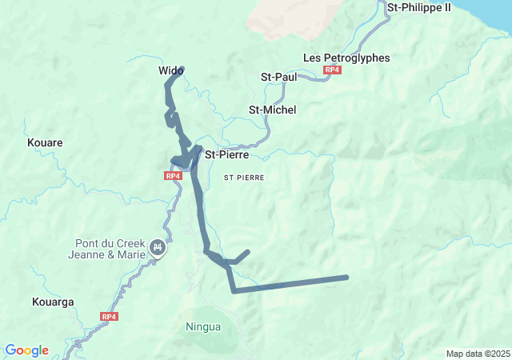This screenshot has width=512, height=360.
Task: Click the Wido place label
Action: (x=170, y=71)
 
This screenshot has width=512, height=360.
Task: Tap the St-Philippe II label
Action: (x=418, y=7)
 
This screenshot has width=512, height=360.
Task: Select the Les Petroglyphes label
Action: (x=346, y=58)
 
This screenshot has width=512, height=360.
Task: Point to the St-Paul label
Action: (x=279, y=77)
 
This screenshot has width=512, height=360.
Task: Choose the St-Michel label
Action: (x=272, y=110)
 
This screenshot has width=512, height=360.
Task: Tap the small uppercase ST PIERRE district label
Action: (x=244, y=177)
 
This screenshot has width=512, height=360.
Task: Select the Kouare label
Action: (x=45, y=142)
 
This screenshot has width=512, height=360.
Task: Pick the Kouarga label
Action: (x=53, y=302)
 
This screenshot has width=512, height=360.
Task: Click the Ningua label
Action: (x=202, y=326)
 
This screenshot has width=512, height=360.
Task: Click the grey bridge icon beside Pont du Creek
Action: (x=158, y=249)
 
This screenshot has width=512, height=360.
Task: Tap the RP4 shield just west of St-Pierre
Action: (x=174, y=175)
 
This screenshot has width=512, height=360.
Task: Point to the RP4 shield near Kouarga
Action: (x=110, y=317)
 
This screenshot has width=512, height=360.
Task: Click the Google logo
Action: (x=26, y=350)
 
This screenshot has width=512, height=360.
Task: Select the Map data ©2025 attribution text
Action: (x=477, y=354)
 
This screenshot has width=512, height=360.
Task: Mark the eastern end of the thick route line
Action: (x=346, y=278)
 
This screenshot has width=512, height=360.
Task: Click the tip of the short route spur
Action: (x=248, y=251)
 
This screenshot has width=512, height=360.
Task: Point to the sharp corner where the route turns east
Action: (x=234, y=291)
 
